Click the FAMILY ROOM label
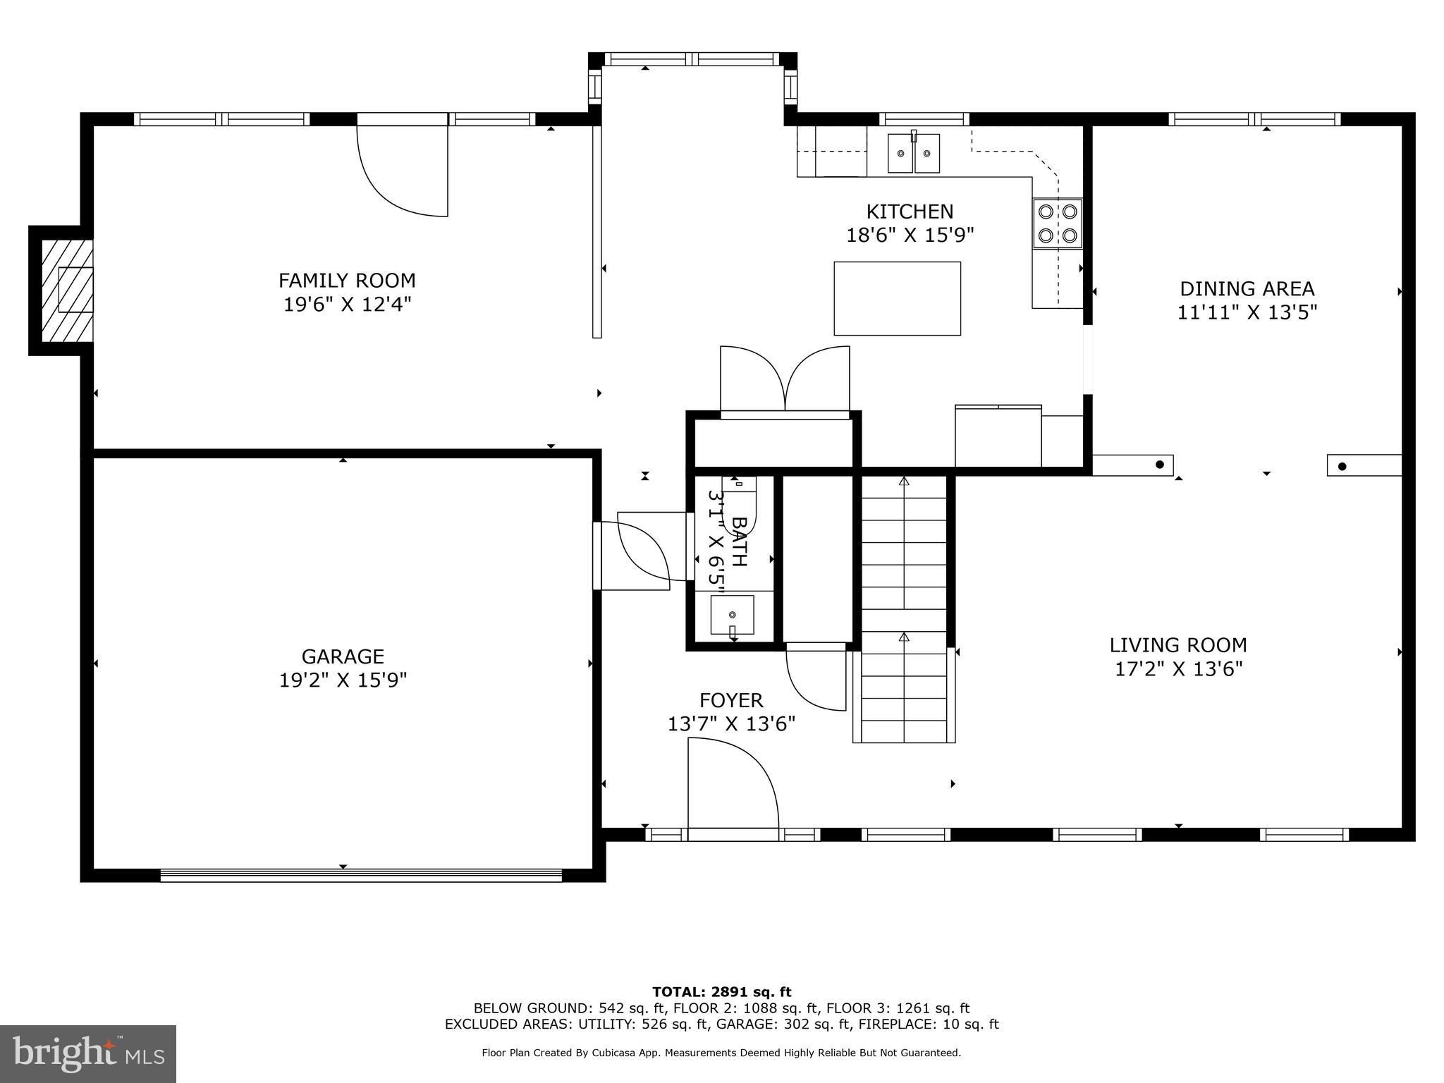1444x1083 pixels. tap(347, 281)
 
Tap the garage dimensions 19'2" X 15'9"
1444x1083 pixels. tap(343, 680)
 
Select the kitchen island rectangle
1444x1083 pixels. tap(897, 298)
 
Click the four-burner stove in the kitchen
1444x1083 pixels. tap(1057, 224)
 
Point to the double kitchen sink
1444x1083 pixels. tap(913, 153)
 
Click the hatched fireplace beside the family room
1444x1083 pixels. tap(66, 290)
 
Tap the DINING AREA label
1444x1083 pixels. tap(1247, 288)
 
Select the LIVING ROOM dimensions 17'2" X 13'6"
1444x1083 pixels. tap(1177, 669)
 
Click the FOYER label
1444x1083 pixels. tap(730, 700)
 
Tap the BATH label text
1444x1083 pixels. tap(738, 541)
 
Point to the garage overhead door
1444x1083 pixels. tap(361, 875)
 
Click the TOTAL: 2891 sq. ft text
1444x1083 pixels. tap(721, 992)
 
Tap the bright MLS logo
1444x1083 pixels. tap(88, 1054)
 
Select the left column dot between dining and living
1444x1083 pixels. tap(1160, 465)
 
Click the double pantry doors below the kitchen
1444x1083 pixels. tap(784, 381)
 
